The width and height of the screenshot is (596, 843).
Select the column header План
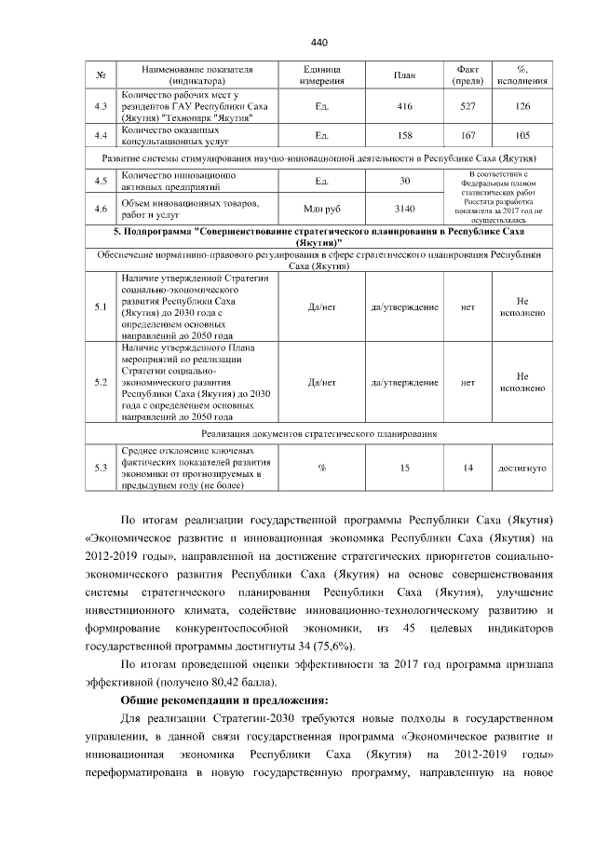pos(404,76)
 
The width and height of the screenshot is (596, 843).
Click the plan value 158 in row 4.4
pos(404,137)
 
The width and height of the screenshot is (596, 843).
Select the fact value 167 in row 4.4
pos(468,137)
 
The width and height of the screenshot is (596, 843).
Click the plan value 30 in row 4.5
pos(404,181)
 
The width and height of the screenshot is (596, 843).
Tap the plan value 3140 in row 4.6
pos(404,207)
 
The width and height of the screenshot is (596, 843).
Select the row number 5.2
pos(102,382)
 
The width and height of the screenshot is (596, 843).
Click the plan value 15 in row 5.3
pos(404,468)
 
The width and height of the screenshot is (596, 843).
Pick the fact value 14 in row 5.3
pos(468,468)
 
